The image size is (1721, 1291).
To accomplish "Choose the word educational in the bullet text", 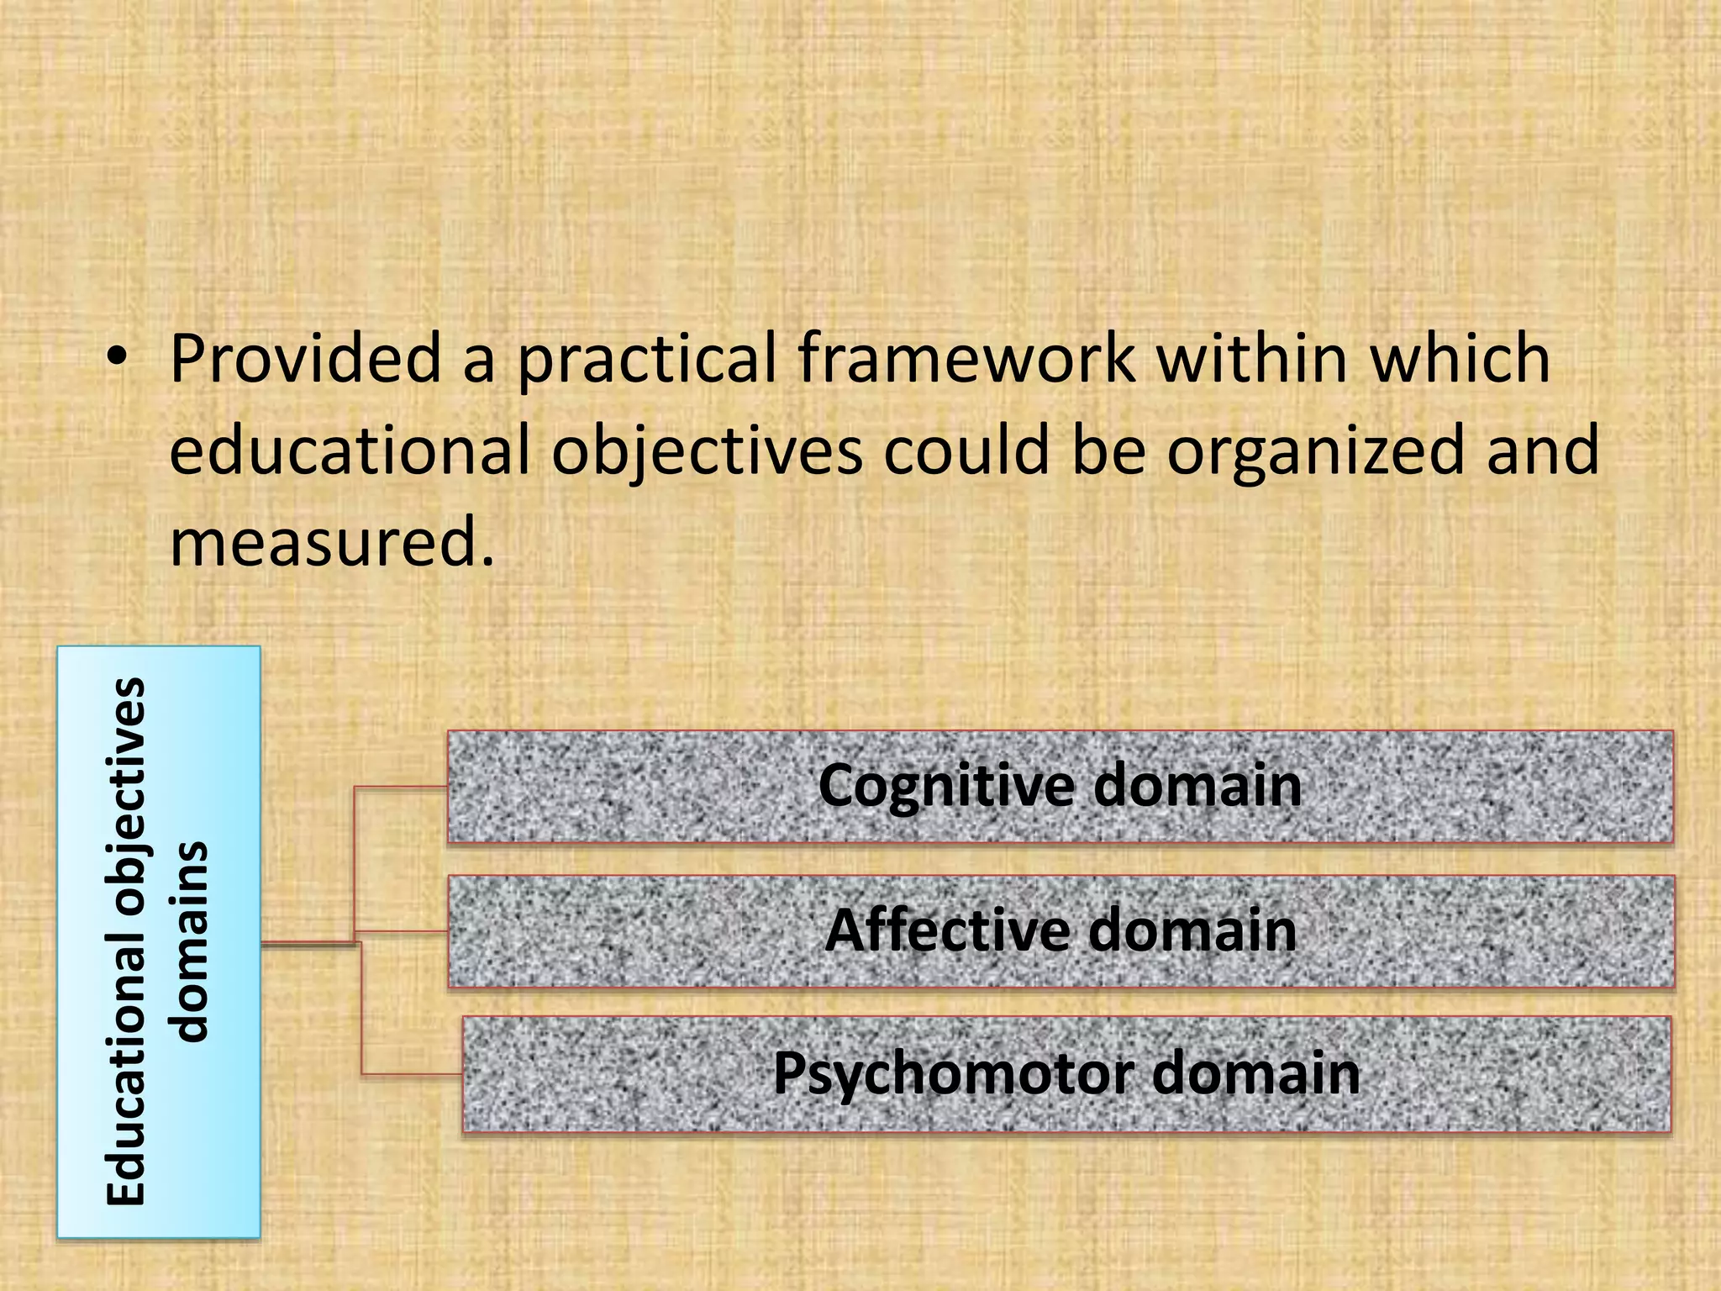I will (x=350, y=450).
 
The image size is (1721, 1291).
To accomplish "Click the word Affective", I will (x=948, y=930).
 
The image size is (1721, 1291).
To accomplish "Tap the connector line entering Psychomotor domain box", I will (x=412, y=1073).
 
